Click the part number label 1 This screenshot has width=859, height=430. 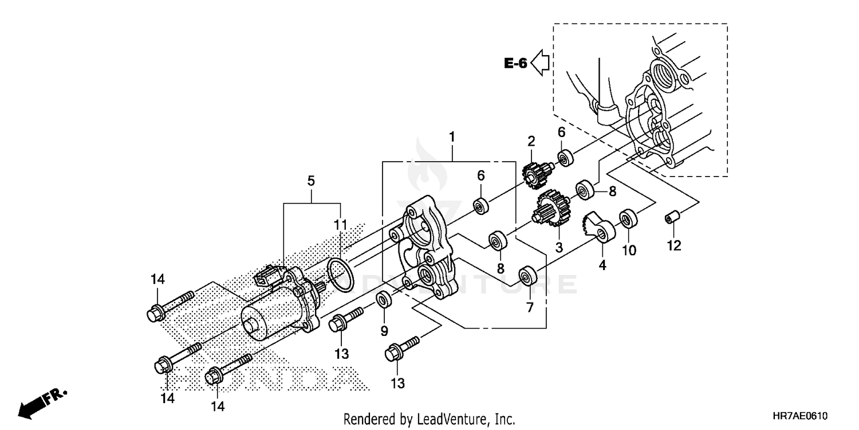[x=452, y=137]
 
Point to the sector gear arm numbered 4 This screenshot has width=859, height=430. [x=598, y=226]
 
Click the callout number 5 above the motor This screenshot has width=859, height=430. [x=311, y=181]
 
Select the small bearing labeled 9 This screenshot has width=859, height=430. [x=383, y=299]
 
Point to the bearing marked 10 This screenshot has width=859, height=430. [x=629, y=219]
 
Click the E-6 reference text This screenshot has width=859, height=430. [x=515, y=63]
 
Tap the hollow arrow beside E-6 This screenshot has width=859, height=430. [x=540, y=62]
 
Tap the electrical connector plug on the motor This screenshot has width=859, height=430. [x=268, y=276]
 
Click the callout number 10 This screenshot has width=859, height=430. [x=629, y=250]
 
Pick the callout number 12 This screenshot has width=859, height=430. [x=673, y=246]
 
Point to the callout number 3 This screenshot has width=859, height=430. [x=559, y=247]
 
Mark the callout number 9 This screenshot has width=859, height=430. [x=384, y=331]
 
